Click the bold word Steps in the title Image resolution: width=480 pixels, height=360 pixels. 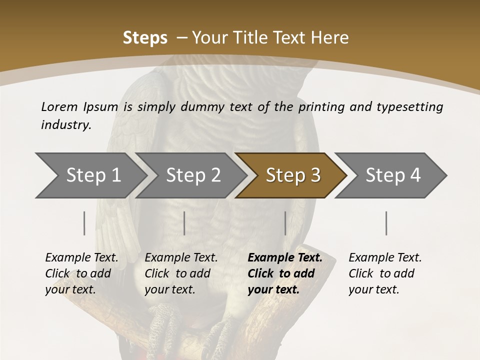(x=145, y=37)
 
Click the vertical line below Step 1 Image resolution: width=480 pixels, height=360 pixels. (x=84, y=223)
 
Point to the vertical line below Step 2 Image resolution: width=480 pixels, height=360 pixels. (x=184, y=223)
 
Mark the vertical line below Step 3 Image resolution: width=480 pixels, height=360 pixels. (x=285, y=223)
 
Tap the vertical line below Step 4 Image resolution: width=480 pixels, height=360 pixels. (x=386, y=223)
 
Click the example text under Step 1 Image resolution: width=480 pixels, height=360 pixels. (x=81, y=273)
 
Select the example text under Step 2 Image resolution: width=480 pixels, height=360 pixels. (x=181, y=273)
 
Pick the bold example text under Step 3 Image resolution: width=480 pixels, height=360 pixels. (x=284, y=273)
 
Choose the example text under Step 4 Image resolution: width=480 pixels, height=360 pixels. (x=385, y=273)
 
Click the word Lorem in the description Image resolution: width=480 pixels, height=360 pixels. (x=59, y=106)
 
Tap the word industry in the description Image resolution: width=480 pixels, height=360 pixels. (x=66, y=125)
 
